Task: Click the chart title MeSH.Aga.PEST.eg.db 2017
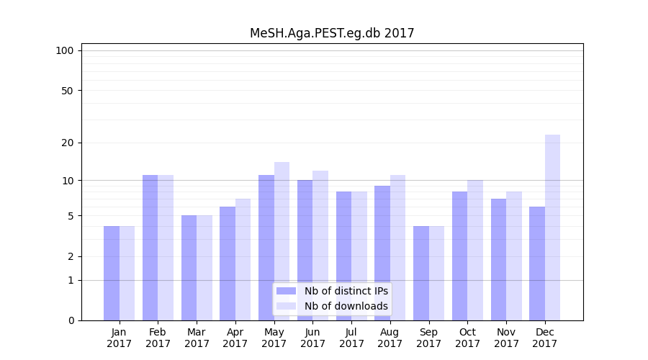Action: point(332,33)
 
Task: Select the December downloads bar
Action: point(552,228)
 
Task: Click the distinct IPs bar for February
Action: point(150,248)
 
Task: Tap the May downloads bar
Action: point(282,241)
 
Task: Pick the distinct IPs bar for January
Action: point(112,273)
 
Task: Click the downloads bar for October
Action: point(475,250)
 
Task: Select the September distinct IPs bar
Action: point(421,273)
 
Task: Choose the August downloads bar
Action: point(397,248)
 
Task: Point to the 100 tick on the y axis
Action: point(65,50)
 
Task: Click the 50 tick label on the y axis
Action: point(68,91)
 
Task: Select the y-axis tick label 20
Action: point(68,143)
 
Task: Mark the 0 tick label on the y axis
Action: point(71,320)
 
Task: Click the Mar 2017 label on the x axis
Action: point(197,338)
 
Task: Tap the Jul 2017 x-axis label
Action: point(351,338)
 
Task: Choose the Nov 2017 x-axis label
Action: point(506,338)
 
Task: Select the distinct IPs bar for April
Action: point(228,264)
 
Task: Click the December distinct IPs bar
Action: point(537,264)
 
